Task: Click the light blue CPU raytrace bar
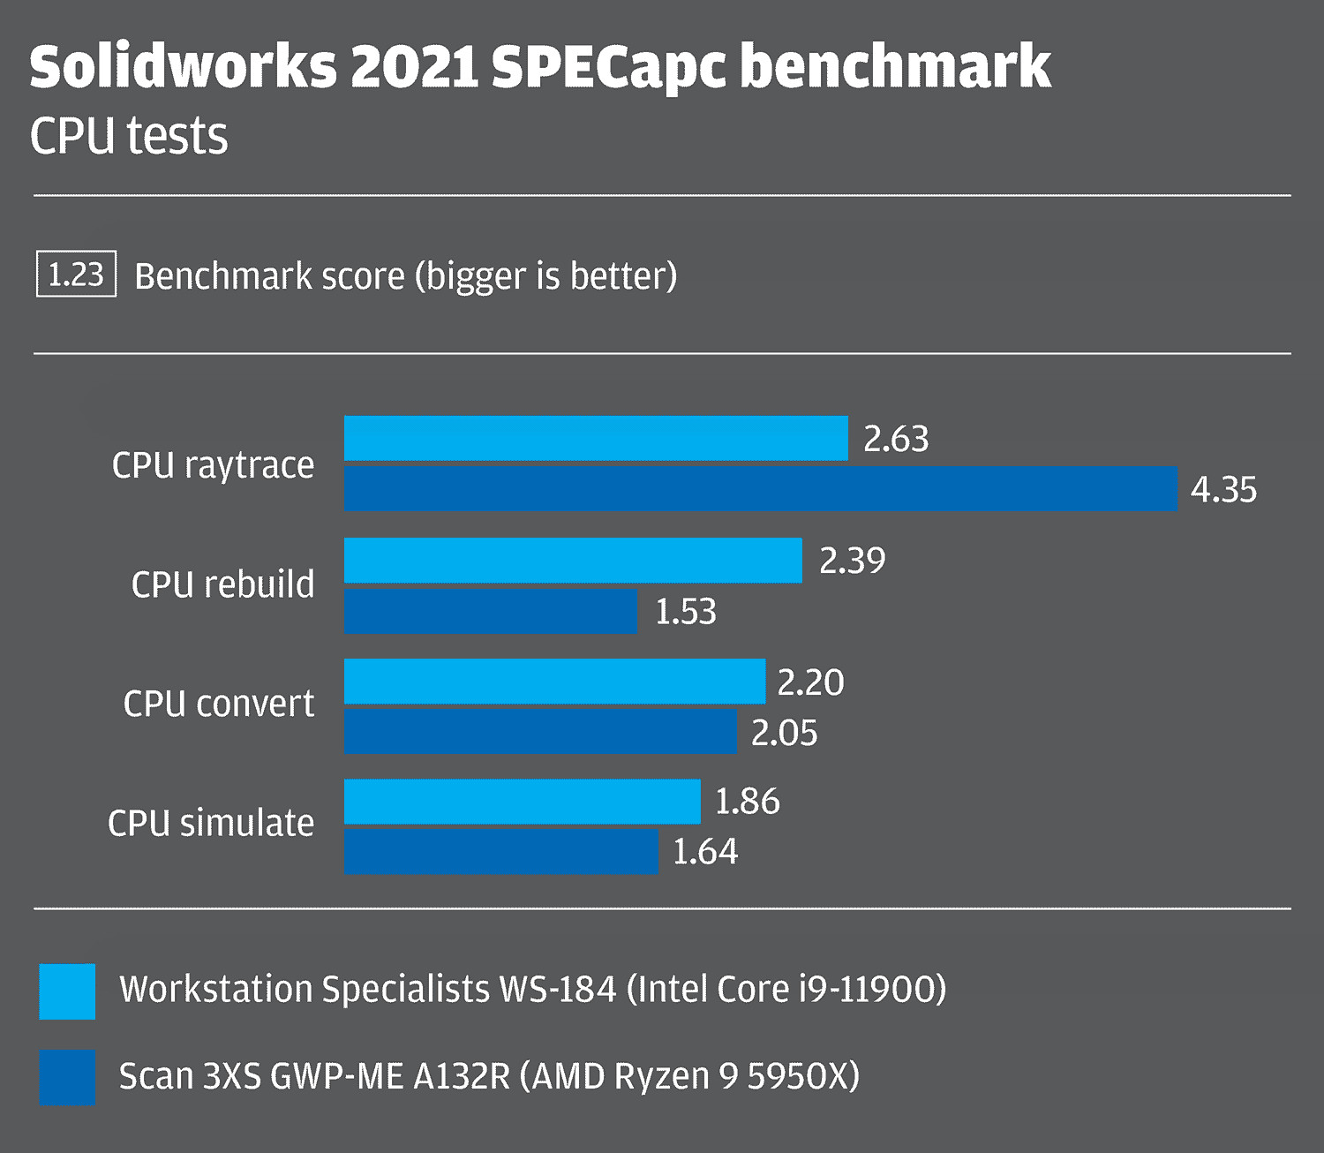[596, 438]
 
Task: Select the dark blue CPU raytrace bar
[760, 488]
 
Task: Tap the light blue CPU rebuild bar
[573, 560]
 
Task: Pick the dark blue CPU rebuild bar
[490, 611]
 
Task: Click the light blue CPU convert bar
[554, 681]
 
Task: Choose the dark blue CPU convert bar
[540, 731]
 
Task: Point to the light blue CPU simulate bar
[522, 801]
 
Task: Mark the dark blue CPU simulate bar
[500, 851]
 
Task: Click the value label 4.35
[1223, 489]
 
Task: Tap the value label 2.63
[896, 439]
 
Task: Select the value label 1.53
[686, 611]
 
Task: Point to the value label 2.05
[784, 733]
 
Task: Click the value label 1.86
[747, 802]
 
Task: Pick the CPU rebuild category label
[222, 584]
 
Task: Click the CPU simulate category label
[211, 823]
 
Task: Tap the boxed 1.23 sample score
[76, 275]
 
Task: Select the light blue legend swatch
[67, 991]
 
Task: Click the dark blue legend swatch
[67, 1077]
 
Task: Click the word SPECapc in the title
[609, 68]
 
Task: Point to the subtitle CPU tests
[129, 137]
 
